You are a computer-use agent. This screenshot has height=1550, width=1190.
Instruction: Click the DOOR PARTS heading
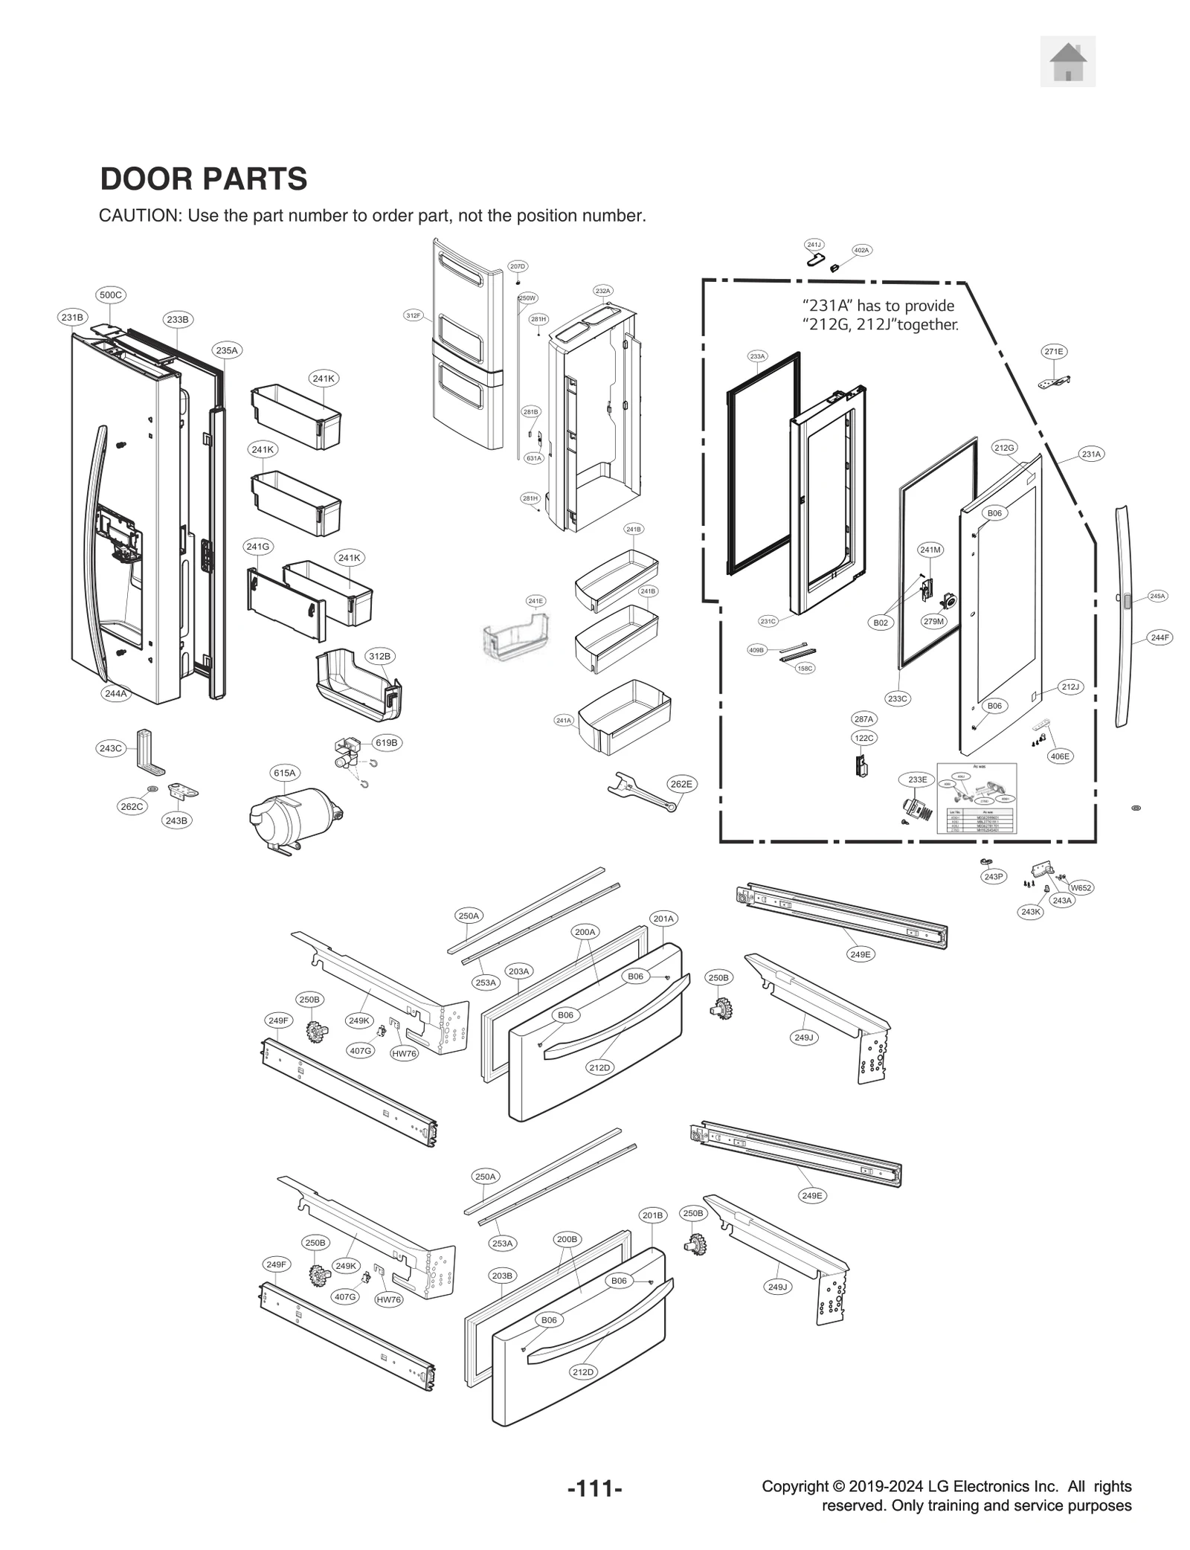pyautogui.click(x=203, y=179)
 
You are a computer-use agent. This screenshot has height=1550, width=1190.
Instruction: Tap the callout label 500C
pyautogui.click(x=111, y=295)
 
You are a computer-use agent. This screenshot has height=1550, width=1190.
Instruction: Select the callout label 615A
pyautogui.click(x=284, y=773)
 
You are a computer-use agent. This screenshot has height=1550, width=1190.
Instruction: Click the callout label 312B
pyautogui.click(x=379, y=656)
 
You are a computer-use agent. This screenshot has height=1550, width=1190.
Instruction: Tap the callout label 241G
pyautogui.click(x=258, y=547)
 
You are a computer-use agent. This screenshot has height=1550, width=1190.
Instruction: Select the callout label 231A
pyautogui.click(x=1091, y=454)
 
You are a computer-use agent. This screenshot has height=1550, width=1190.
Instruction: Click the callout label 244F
pyautogui.click(x=1160, y=637)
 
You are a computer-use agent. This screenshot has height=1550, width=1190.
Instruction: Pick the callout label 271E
pyautogui.click(x=1054, y=352)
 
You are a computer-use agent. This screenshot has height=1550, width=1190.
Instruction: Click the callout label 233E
pyautogui.click(x=918, y=779)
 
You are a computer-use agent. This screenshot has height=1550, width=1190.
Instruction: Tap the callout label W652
pyautogui.click(x=1081, y=887)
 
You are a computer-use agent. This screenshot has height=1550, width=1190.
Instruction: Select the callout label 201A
pyautogui.click(x=663, y=919)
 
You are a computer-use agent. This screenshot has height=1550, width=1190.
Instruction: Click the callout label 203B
pyautogui.click(x=502, y=1276)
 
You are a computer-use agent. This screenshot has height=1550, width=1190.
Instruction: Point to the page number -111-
pyautogui.click(x=594, y=1489)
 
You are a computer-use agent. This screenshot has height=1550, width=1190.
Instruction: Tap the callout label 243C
pyautogui.click(x=111, y=748)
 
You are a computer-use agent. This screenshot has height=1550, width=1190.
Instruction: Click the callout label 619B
pyautogui.click(x=386, y=742)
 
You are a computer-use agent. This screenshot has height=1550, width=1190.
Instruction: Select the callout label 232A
pyautogui.click(x=602, y=291)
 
